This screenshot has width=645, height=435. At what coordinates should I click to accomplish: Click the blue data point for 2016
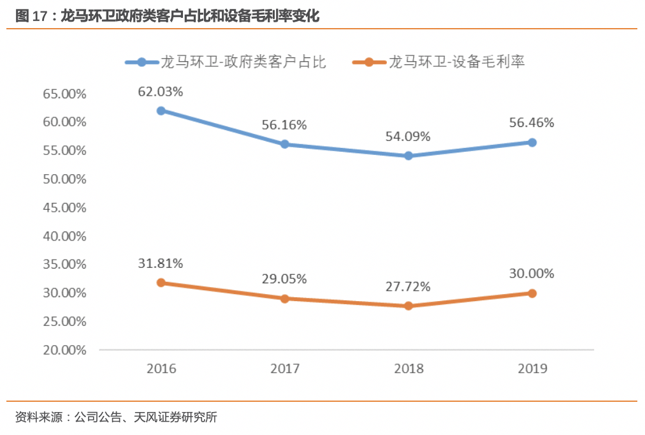[x=161, y=110]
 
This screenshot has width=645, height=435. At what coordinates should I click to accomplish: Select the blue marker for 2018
[x=409, y=156]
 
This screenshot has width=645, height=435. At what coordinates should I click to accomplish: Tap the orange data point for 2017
[x=285, y=299]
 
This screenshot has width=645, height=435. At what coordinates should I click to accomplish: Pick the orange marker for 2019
[x=532, y=293]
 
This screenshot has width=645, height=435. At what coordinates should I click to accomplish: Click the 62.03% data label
[x=161, y=91]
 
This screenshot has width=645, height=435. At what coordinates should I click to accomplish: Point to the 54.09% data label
[x=408, y=136]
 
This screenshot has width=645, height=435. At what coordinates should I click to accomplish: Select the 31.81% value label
[x=161, y=263]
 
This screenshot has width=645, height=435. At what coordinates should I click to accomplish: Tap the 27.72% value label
[x=408, y=286]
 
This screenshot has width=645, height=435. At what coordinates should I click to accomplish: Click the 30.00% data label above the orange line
[x=532, y=274]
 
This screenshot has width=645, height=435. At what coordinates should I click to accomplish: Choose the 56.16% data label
[x=284, y=125]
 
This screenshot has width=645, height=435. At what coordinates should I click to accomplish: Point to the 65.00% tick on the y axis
[x=64, y=94]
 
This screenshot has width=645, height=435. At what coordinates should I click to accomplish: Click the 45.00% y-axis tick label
[x=64, y=207]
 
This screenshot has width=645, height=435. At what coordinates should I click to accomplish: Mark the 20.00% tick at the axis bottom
[x=64, y=350]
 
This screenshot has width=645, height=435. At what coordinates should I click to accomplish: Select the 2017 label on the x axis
[x=284, y=369]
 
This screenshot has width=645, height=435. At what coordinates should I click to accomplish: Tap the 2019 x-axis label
[x=532, y=369]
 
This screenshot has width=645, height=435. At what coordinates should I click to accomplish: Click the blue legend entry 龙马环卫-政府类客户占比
[x=226, y=62]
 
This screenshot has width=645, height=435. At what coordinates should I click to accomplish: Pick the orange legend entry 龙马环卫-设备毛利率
[x=439, y=62]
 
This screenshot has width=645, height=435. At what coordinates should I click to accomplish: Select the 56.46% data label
[x=532, y=122]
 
